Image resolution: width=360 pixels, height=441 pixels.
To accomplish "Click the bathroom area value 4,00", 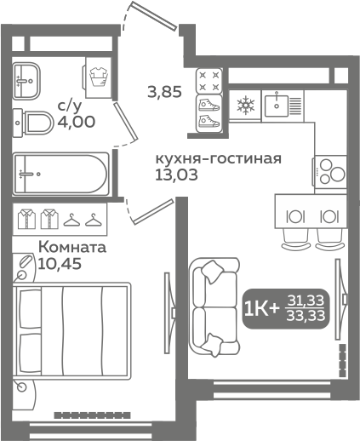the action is (x=77, y=122).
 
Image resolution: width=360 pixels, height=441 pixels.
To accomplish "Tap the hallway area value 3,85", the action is (x=164, y=92).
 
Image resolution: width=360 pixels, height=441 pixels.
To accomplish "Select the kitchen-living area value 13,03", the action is (x=176, y=175).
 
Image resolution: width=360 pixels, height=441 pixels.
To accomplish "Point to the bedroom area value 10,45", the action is (x=60, y=264).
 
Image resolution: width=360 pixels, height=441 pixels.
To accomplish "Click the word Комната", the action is (x=72, y=247).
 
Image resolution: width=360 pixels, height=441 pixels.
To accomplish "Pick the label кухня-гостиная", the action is (x=219, y=158).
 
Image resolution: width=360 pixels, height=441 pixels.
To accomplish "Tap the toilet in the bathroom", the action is (x=33, y=123).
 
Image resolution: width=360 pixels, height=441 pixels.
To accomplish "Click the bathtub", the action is (x=60, y=174).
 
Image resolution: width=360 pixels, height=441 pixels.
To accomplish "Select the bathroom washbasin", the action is (x=26, y=81).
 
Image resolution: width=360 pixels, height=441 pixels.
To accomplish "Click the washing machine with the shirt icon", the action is (x=97, y=77).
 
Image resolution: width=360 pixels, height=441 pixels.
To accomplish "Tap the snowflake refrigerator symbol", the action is (x=245, y=106).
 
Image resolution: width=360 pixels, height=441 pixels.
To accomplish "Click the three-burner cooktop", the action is (x=330, y=172).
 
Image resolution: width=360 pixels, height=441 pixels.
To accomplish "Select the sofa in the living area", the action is (x=215, y=307).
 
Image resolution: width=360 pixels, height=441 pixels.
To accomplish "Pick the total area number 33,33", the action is (x=306, y=316).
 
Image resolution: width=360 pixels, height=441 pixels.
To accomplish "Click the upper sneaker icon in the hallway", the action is (x=209, y=106).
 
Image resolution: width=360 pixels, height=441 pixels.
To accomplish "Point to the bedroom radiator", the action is (x=93, y=415).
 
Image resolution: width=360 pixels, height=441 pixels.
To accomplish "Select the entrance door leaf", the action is (x=155, y=15).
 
